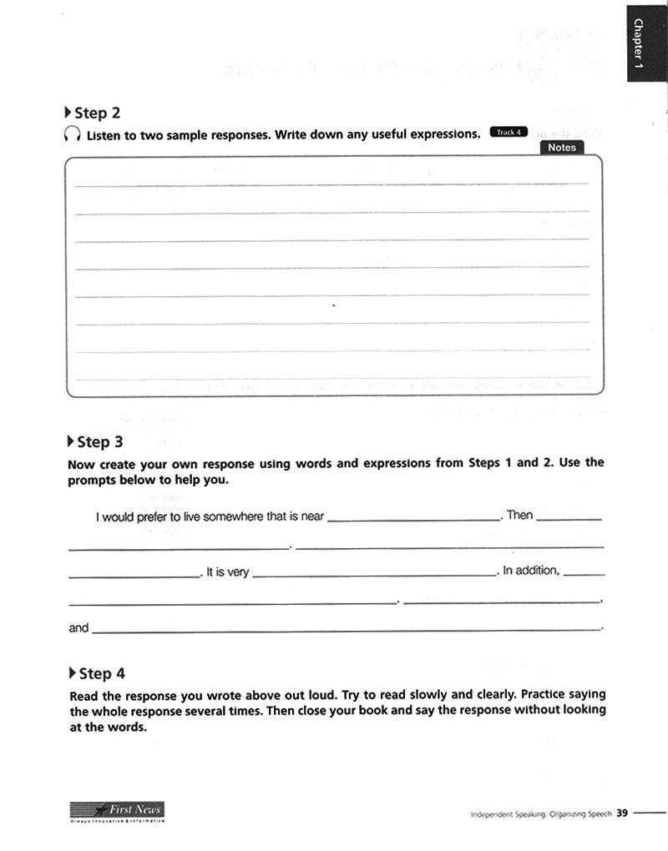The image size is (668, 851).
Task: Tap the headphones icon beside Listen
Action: click(x=73, y=134)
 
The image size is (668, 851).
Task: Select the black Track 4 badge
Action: click(x=509, y=132)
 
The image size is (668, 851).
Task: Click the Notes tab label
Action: click(x=562, y=147)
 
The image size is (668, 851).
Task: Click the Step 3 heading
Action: click(x=99, y=441)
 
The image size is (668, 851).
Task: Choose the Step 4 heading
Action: click(x=101, y=673)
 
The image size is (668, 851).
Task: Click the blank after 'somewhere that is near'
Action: click(x=413, y=517)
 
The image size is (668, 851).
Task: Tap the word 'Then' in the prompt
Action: click(x=519, y=515)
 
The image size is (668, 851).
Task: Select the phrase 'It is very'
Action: click(x=227, y=572)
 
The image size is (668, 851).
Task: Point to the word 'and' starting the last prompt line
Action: click(x=78, y=627)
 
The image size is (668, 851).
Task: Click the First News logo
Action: click(x=117, y=810)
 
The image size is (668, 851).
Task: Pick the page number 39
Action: click(x=622, y=813)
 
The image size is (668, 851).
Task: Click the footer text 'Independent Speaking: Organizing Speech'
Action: click(x=541, y=813)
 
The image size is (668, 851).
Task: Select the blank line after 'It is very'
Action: click(x=373, y=574)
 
